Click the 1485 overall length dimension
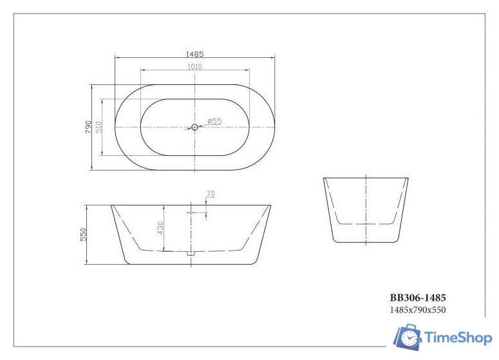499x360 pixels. coord(195,54)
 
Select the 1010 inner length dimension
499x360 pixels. coord(195,66)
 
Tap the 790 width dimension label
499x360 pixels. coord(88,128)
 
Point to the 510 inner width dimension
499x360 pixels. coord(99,128)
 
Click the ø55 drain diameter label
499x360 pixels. coord(214,121)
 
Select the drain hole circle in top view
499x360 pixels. coord(195,128)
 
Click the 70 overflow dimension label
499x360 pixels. coord(211,193)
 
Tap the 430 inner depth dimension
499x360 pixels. coord(160,229)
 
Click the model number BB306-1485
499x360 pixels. coord(418,298)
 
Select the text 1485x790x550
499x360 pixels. coord(418,310)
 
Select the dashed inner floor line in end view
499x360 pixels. coord(366,223)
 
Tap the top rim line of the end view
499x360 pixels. coord(366,177)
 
